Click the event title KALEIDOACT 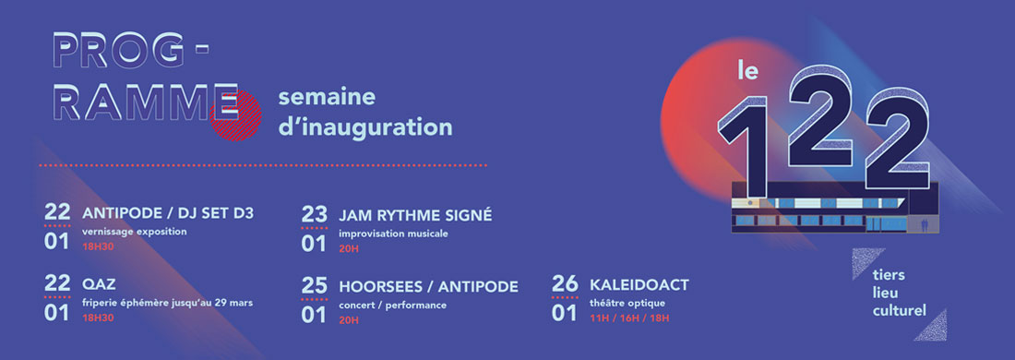[639, 285]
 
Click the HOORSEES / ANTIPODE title [428, 286]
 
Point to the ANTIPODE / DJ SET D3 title [168, 213]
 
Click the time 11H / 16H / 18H [629, 318]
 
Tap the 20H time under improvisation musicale [348, 248]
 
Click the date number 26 [565, 284]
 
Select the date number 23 [314, 214]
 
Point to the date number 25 [314, 285]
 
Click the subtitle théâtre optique [627, 303]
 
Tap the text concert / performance [393, 305]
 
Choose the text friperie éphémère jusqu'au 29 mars [168, 303]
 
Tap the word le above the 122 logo [747, 70]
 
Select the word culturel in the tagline [899, 311]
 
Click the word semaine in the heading [327, 97]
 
